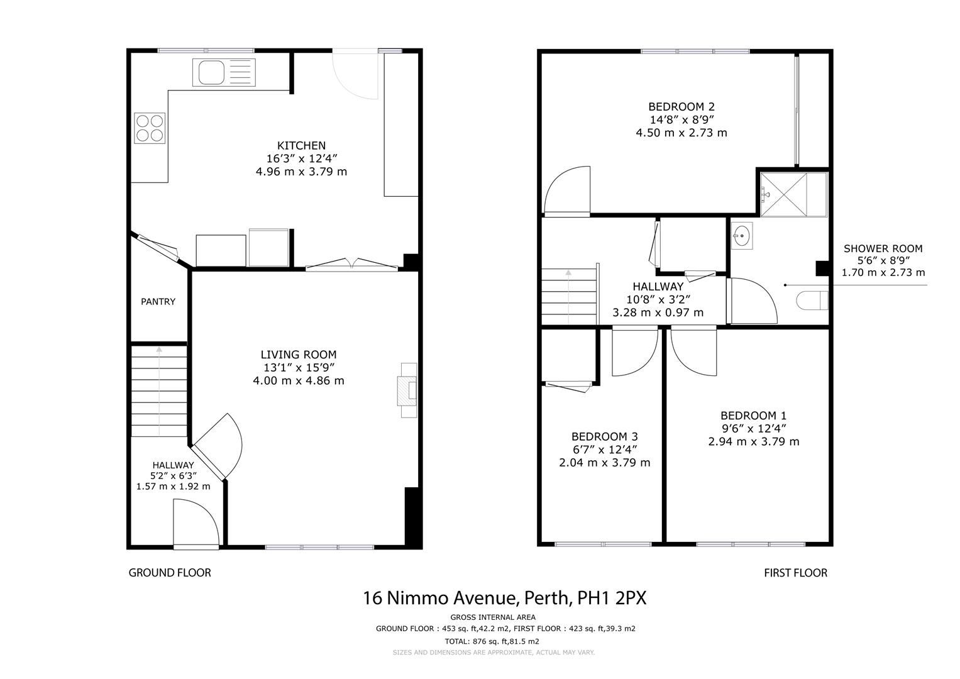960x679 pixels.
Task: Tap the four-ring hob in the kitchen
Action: point(150,128)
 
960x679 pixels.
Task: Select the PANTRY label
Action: point(158,302)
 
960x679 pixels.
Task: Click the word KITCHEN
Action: point(301,146)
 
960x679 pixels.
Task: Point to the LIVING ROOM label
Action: point(299,355)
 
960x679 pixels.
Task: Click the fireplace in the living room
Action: point(407,390)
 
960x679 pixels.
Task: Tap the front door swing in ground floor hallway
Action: point(196,523)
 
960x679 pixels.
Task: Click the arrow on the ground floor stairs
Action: point(159,391)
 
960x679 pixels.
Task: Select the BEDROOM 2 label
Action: point(681,107)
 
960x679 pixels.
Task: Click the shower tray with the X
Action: point(784,195)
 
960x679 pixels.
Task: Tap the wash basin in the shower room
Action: point(741,235)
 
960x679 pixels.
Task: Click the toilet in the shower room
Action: point(812,301)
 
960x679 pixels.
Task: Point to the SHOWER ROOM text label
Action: point(883,248)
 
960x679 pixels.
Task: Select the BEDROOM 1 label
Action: point(753,416)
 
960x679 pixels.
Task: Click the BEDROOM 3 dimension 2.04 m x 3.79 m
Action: point(605,463)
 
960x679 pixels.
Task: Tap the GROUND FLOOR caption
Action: point(170,573)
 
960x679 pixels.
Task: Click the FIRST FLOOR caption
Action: point(795,573)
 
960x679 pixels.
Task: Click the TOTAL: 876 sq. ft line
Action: point(492,641)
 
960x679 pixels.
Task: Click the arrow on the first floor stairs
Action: point(569,297)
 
